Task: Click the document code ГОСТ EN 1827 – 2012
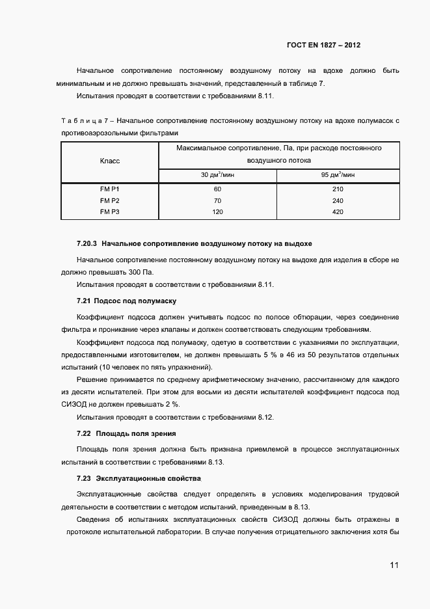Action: (323, 46)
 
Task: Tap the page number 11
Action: (394, 565)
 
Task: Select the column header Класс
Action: (110, 161)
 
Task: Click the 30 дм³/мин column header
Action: (217, 175)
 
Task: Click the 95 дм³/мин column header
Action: (338, 175)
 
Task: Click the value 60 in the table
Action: (217, 189)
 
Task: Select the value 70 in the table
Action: (217, 200)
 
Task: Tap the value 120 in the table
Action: (217, 212)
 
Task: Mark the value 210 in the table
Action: (338, 189)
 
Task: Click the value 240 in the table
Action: (338, 200)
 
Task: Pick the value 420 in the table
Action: (338, 212)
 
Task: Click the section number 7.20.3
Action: (87, 244)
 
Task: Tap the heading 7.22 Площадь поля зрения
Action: (127, 433)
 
